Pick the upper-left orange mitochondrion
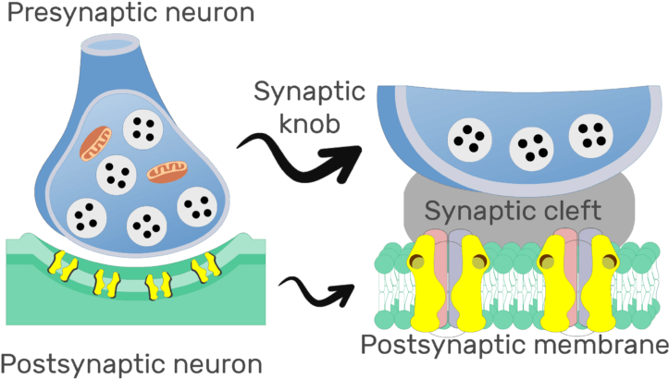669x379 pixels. [x=95, y=142]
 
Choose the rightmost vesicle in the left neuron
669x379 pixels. [x=195, y=206]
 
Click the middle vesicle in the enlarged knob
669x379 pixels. [x=533, y=143]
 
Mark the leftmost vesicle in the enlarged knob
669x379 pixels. [x=469, y=140]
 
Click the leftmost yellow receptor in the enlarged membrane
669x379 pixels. [x=427, y=281]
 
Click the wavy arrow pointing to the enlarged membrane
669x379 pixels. [x=318, y=290]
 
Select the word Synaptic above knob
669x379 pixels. [x=310, y=93]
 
